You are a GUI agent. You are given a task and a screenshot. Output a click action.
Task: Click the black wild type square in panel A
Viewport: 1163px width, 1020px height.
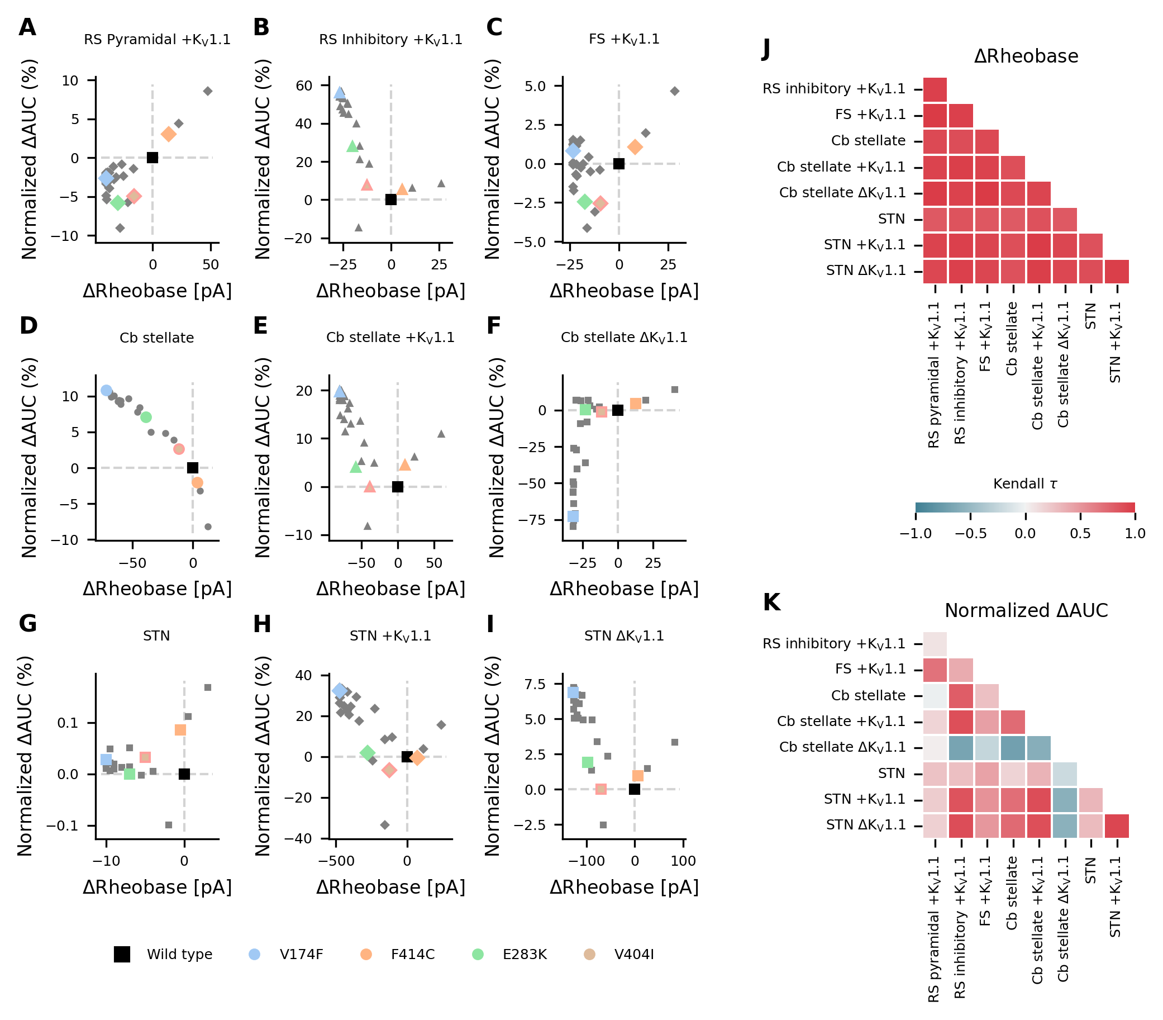tap(152, 158)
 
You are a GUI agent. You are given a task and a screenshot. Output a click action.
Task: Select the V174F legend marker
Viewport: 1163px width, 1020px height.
tap(255, 955)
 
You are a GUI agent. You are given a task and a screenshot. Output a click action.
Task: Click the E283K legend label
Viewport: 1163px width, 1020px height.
tap(525, 955)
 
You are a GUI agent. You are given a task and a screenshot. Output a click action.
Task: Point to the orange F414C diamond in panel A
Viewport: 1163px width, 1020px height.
tap(169, 134)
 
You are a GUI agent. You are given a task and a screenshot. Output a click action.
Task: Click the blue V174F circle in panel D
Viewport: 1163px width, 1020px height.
tap(106, 391)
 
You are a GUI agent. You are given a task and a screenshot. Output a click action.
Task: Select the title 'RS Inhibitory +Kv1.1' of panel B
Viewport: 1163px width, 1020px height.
tap(390, 39)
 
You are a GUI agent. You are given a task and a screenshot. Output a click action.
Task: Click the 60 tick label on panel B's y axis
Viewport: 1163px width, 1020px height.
tap(304, 86)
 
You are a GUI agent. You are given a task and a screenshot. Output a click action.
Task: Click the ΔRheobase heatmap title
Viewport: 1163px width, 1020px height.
tap(1026, 56)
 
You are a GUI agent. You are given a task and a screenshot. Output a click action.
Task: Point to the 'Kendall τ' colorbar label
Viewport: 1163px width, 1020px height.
tap(1026, 484)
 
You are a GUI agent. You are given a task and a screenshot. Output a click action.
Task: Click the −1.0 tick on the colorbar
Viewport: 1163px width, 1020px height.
tap(916, 533)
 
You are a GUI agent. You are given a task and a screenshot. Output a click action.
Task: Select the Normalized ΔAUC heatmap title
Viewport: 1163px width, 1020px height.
tap(1026, 611)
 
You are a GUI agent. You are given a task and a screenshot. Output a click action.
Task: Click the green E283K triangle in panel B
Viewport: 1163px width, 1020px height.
tap(352, 146)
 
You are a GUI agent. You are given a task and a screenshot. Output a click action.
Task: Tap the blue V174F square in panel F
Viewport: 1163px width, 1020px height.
tap(573, 516)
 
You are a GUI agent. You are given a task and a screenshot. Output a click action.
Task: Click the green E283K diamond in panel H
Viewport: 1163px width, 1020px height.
tap(368, 753)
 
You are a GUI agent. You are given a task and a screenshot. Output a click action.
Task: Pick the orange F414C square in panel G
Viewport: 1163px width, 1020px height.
tap(180, 730)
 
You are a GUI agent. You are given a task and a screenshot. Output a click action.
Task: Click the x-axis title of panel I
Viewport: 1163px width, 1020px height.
tap(624, 887)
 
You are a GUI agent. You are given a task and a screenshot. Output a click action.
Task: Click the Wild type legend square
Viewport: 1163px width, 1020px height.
tap(122, 955)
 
